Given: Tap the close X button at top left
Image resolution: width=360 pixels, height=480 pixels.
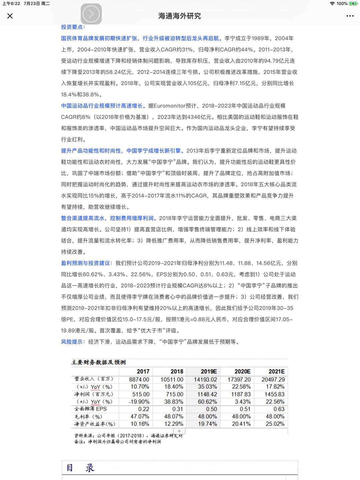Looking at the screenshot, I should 10,16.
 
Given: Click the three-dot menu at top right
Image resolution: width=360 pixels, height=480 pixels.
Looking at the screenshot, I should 350,16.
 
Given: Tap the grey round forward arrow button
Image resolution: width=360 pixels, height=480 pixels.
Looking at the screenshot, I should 91,14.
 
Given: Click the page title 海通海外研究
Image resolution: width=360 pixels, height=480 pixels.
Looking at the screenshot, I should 180,16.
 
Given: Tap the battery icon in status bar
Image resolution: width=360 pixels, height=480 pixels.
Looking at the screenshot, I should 353,4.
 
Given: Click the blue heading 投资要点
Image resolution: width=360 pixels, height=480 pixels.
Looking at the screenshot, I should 73,27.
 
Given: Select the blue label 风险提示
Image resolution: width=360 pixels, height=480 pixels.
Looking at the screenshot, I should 72,342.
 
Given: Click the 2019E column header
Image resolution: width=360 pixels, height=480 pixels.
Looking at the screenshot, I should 209,371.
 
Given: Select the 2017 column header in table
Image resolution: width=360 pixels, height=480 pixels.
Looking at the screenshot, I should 143,371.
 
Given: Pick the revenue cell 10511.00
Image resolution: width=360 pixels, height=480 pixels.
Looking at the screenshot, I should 172,379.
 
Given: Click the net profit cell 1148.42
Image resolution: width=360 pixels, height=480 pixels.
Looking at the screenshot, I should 207,394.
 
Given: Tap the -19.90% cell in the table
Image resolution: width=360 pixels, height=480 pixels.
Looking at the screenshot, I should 139,402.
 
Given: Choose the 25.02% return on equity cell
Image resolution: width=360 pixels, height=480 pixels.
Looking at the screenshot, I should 275,424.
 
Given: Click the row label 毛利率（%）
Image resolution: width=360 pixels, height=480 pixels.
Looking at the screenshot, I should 88,417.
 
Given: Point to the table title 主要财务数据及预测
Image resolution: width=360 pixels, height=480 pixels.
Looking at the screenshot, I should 99,362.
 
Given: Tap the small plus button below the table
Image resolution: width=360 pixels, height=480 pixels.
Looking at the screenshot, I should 179,431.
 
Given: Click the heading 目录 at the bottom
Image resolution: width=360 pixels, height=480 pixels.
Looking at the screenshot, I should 80,468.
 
